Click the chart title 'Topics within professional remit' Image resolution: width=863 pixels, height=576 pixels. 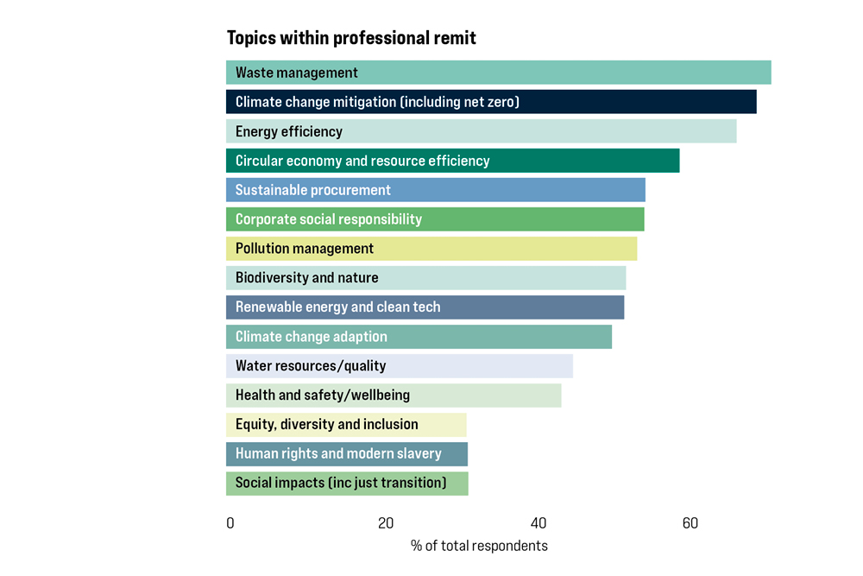(x=351, y=38)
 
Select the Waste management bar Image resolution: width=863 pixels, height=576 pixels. (x=498, y=73)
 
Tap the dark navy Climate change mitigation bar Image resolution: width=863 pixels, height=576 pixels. (x=491, y=102)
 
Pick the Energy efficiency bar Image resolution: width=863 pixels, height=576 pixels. (x=481, y=131)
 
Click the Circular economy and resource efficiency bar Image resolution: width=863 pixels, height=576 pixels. (x=452, y=161)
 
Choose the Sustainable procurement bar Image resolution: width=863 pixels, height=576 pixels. (x=435, y=190)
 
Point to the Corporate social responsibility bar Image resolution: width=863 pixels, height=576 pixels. (x=435, y=219)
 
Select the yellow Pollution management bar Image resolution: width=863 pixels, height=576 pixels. (x=431, y=249)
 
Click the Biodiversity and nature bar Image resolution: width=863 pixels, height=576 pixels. (x=425, y=278)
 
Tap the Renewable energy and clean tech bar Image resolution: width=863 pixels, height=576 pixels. (x=425, y=307)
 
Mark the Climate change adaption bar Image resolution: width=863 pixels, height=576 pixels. (x=419, y=337)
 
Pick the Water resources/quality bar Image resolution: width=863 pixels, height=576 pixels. (x=400, y=366)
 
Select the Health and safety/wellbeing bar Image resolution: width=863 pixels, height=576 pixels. (x=394, y=396)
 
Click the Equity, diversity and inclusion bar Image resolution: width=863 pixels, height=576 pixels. (x=346, y=425)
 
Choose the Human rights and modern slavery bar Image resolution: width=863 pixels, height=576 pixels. (x=347, y=454)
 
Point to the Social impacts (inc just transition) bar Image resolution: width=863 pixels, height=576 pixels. (x=347, y=484)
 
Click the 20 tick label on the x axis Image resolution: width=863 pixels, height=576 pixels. (x=385, y=523)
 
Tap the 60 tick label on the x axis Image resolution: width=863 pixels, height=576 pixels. (x=690, y=523)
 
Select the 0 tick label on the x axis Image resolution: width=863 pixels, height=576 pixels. (x=230, y=523)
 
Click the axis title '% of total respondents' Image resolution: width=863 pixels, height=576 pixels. (x=479, y=546)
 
